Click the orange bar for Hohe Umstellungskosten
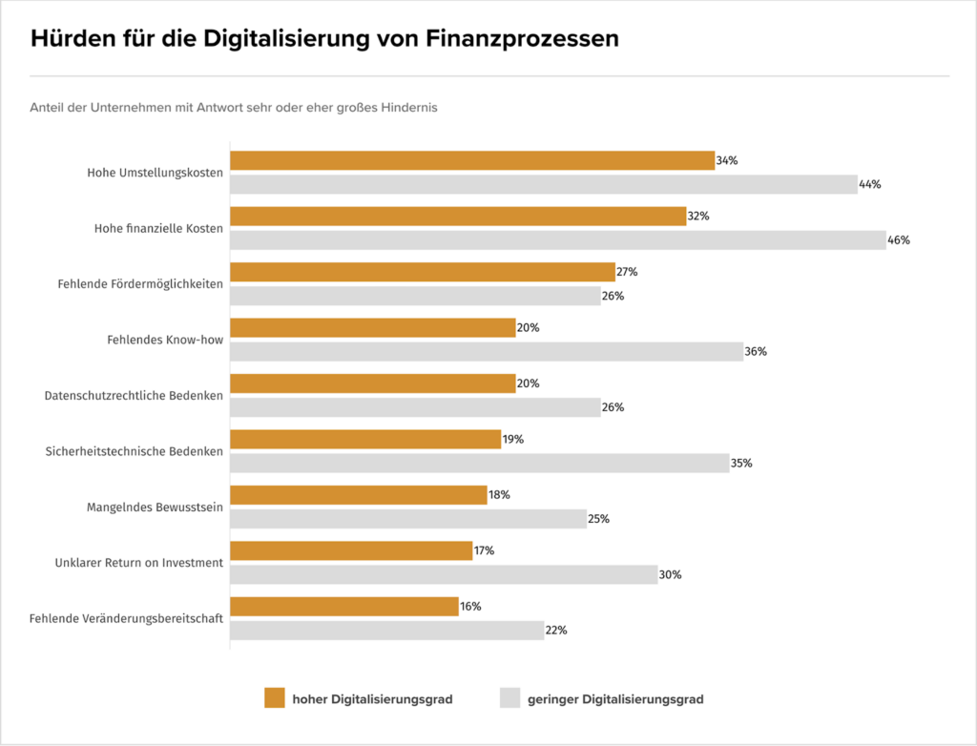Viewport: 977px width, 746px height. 472,160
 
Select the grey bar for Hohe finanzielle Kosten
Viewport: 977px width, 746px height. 558,240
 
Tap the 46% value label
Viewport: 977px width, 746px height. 899,240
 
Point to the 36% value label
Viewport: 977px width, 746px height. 756,352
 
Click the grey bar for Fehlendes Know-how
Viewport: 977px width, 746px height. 487,352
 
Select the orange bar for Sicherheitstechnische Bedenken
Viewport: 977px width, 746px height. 365,440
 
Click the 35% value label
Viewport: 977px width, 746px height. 741,464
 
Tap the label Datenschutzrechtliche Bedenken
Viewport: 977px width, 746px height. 134,396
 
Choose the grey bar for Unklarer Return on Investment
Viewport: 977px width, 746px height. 444,575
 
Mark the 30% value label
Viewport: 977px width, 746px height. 670,575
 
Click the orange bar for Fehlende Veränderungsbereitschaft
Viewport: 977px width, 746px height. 344,607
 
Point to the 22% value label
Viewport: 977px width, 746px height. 556,631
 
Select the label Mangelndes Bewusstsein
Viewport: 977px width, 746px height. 155,508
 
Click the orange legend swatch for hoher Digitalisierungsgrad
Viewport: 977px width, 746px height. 275,699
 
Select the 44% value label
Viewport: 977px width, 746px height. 869,184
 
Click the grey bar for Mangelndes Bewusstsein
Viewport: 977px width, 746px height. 408,519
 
